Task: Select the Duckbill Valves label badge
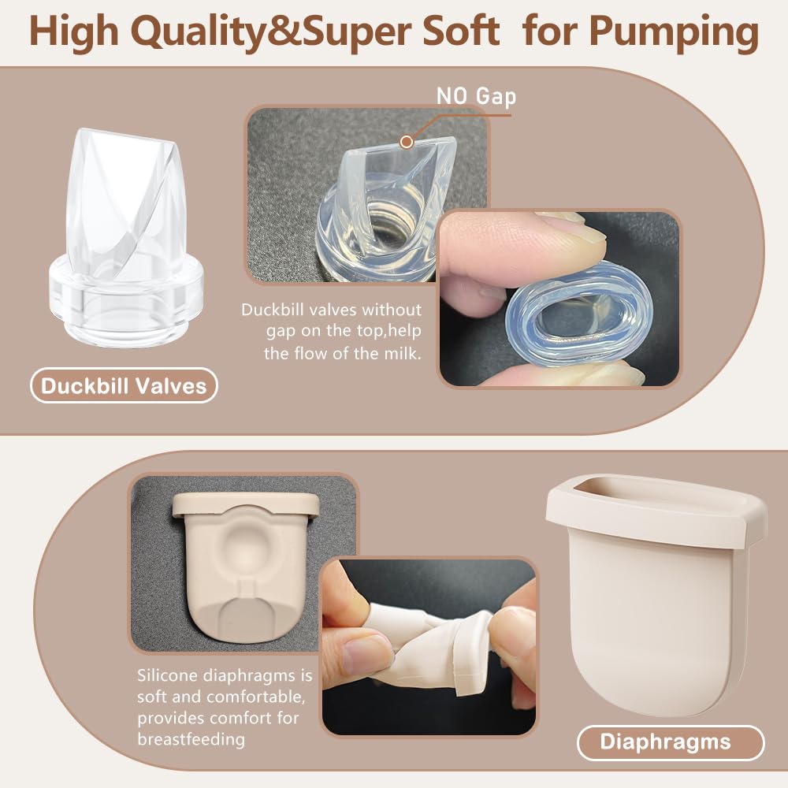point(124,386)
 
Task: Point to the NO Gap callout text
point(477,96)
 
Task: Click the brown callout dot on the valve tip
point(407,142)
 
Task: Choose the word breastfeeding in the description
point(191,739)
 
